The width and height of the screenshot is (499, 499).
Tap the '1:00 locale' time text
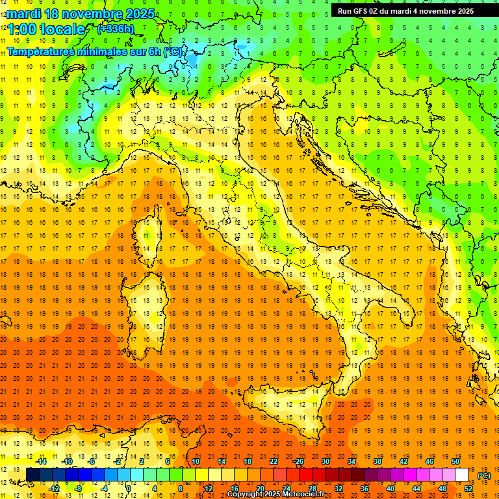(47, 29)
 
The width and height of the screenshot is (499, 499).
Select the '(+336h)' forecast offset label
(115, 29)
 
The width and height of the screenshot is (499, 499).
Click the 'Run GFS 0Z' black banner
(405, 10)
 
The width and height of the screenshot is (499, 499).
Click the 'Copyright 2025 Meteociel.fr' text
(275, 494)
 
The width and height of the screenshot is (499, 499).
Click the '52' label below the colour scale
(468, 489)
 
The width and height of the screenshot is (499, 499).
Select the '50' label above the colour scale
(455, 461)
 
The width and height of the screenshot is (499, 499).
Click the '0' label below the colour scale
(130, 489)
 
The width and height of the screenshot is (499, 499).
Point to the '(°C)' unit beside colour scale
(484, 476)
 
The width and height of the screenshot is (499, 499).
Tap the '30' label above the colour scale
(325, 461)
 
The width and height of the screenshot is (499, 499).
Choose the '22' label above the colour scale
(274, 461)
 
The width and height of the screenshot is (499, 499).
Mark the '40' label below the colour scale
(390, 489)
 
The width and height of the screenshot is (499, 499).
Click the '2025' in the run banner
(463, 10)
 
